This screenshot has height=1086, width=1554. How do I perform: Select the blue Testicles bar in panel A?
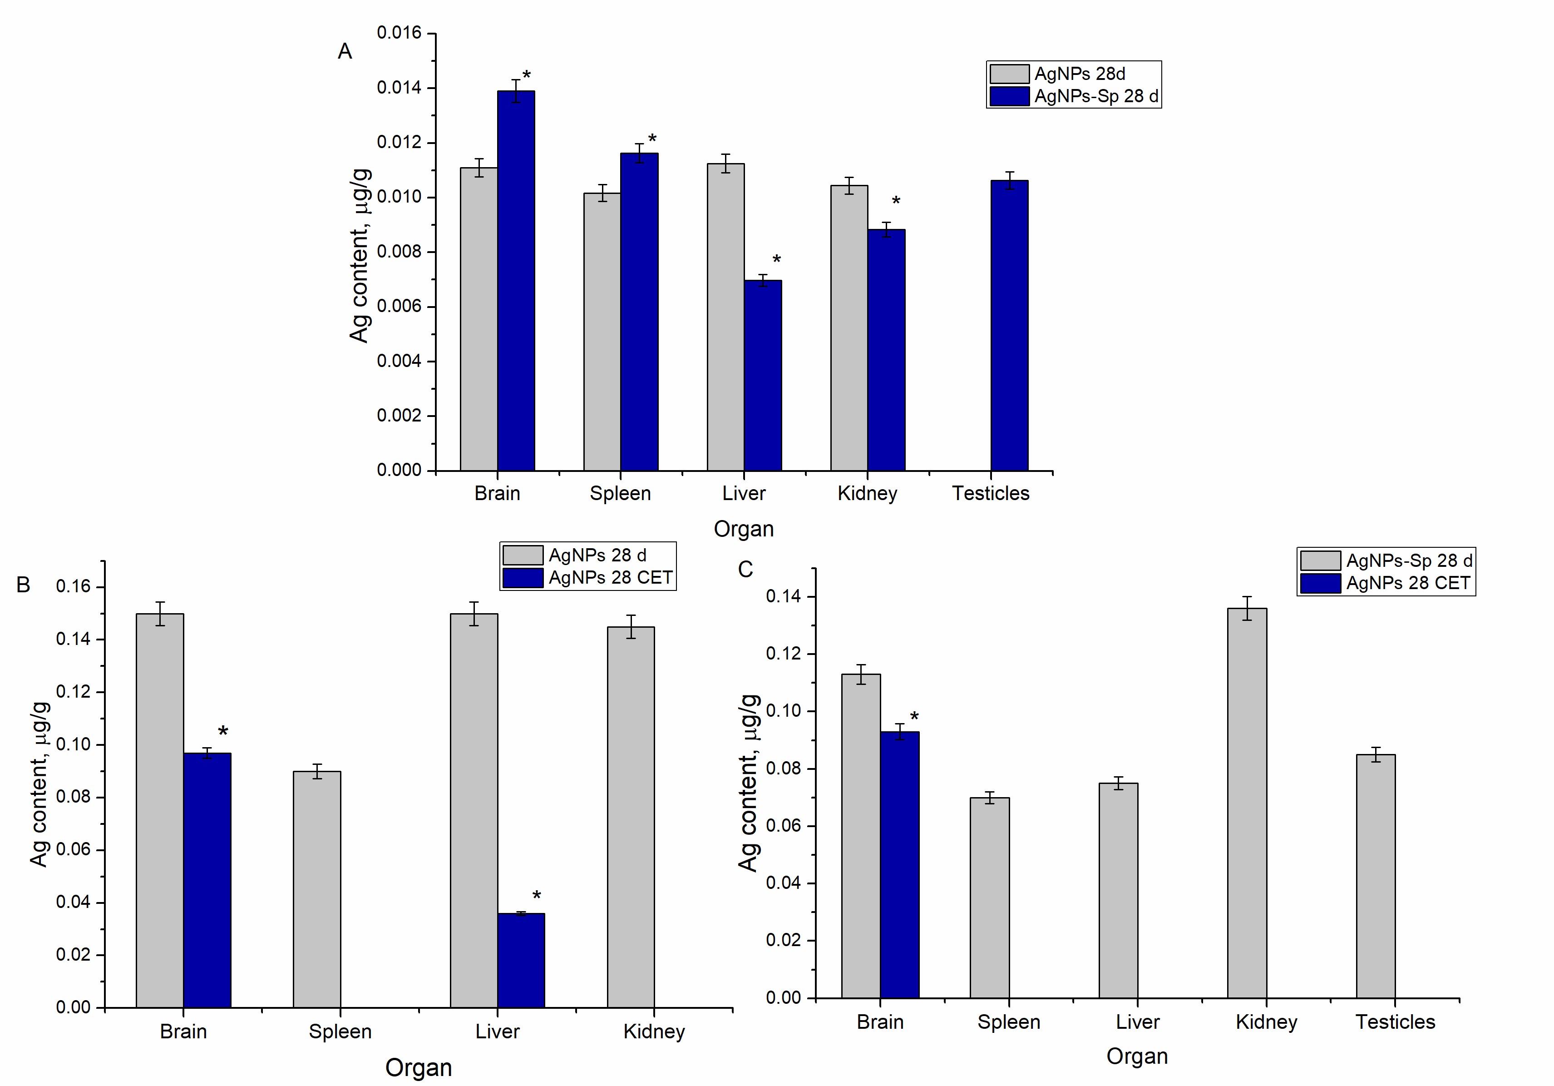(x=1009, y=325)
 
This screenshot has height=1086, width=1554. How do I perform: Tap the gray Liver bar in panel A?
(x=725, y=317)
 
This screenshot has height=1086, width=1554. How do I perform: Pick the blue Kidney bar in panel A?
(x=886, y=350)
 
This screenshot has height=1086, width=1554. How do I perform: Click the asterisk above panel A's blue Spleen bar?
(x=652, y=139)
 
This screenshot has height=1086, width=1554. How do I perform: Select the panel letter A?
(x=345, y=51)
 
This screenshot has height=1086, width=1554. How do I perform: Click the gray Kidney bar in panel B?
(x=630, y=817)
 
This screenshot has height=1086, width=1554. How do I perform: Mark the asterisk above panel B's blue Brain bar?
(x=222, y=732)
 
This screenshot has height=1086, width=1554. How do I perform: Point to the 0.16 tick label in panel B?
(x=73, y=587)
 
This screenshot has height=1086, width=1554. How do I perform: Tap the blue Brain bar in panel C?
(x=899, y=865)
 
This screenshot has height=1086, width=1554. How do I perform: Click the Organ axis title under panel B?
(x=418, y=1068)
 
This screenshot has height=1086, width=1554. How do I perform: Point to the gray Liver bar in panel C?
(x=1118, y=890)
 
